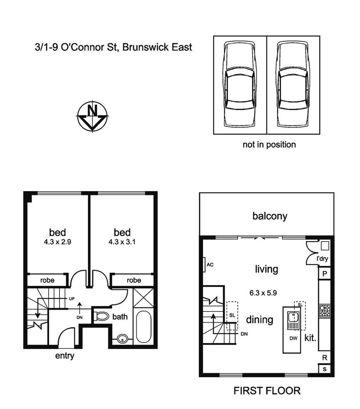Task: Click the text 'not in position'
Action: [269, 145]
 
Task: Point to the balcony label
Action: [270, 216]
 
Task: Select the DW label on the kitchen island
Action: [293, 337]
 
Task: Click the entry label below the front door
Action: [65, 356]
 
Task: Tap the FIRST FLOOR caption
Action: [267, 391]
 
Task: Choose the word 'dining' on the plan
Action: [260, 320]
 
